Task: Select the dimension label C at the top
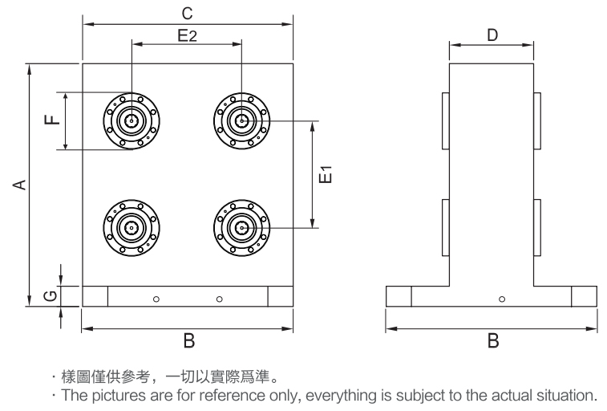pos(187,14)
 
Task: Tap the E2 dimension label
pos(187,35)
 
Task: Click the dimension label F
pos(52,120)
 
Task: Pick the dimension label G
pos(50,296)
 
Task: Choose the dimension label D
pos(492,35)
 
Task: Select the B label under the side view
pos(492,342)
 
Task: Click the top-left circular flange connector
pos(130,120)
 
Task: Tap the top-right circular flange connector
pos(241,120)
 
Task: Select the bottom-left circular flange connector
pos(130,228)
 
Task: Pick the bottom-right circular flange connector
pos(241,228)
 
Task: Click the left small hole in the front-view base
pos(156,299)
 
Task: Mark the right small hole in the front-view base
pos(219,299)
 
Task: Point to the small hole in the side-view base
pos(502,299)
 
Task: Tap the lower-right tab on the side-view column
pos(538,228)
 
